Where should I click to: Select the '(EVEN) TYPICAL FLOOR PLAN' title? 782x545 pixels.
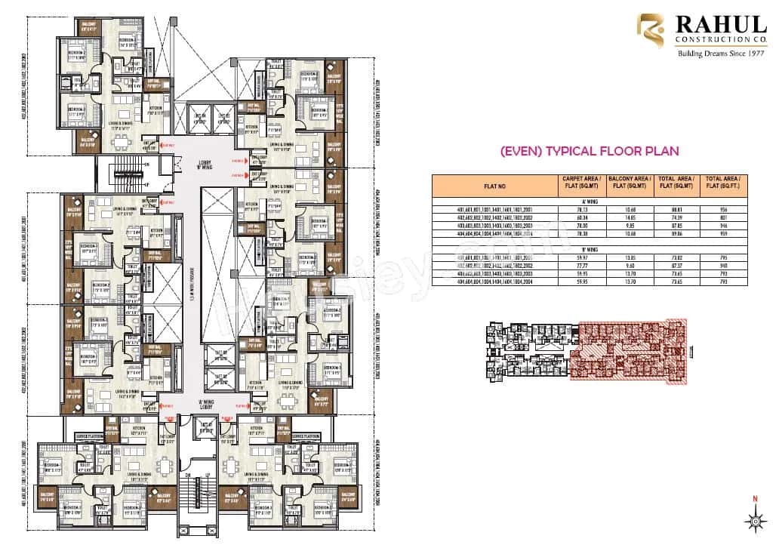(x=589, y=151)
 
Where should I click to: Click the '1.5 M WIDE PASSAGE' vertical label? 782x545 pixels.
(x=192, y=295)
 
